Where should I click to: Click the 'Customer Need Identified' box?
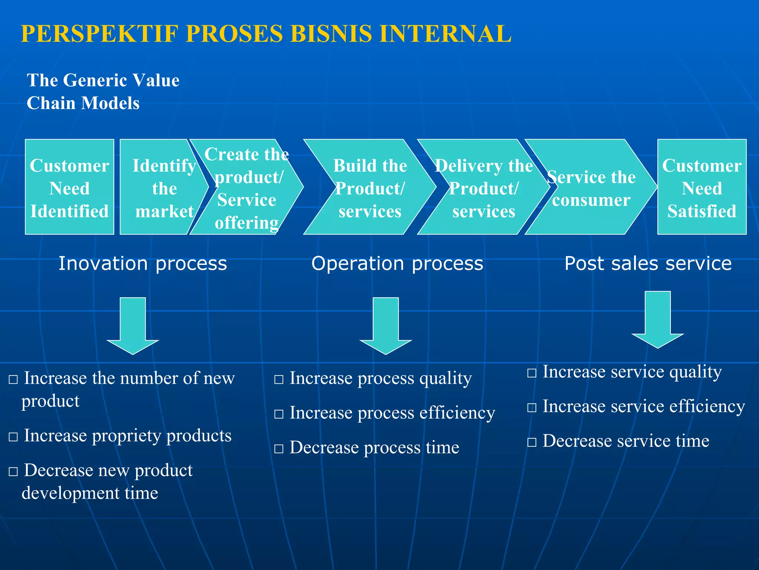pyautogui.click(x=69, y=187)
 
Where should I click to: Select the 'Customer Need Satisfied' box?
pyautogui.click(x=702, y=187)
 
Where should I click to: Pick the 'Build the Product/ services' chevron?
pyautogui.click(x=370, y=187)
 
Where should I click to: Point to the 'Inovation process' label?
pyautogui.click(x=143, y=263)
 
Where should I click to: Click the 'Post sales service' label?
pyautogui.click(x=648, y=263)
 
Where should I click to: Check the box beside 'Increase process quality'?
pyautogui.click(x=279, y=380)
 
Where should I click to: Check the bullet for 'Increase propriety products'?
pyautogui.click(x=13, y=437)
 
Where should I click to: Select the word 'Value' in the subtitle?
pyautogui.click(x=156, y=80)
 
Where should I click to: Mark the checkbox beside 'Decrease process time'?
pyautogui.click(x=279, y=449)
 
